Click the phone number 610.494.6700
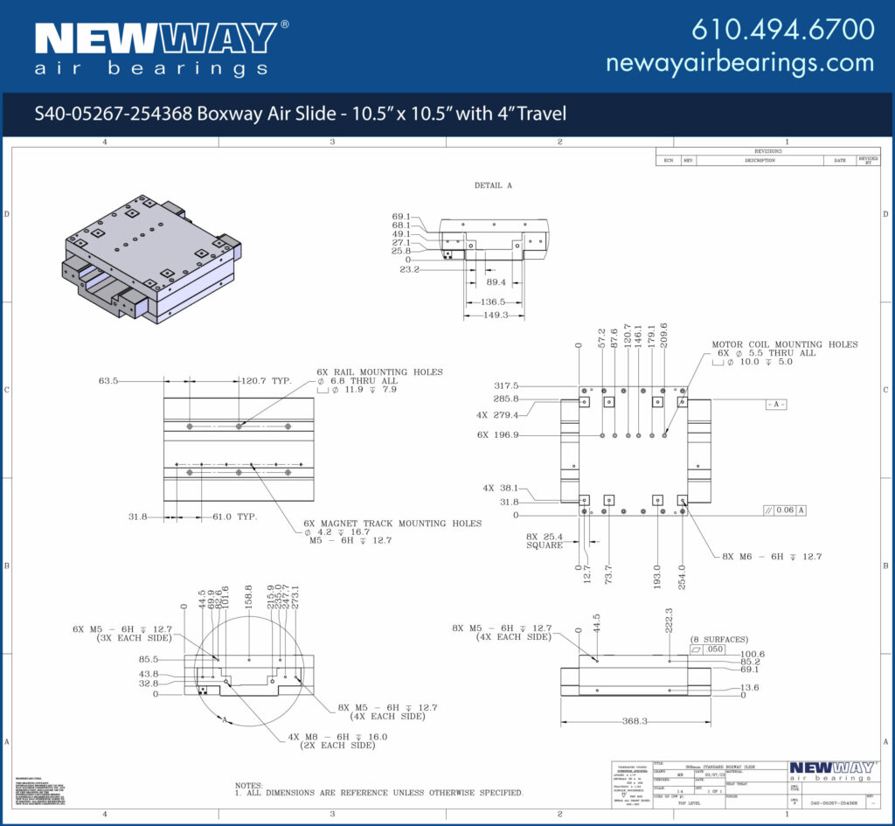point(782,29)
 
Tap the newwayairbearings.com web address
point(739,62)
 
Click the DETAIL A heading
point(493,185)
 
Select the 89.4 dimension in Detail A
point(496,282)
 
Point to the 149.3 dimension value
point(496,315)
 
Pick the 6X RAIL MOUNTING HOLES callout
point(379,371)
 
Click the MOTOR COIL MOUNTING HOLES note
point(784,344)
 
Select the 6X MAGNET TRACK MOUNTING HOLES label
point(392,523)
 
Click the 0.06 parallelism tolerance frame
point(784,510)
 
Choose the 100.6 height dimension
point(753,654)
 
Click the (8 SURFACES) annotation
point(719,639)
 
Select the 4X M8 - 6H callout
point(337,737)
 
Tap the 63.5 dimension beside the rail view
point(108,381)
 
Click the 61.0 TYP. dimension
point(234,517)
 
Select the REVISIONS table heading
point(767,151)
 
